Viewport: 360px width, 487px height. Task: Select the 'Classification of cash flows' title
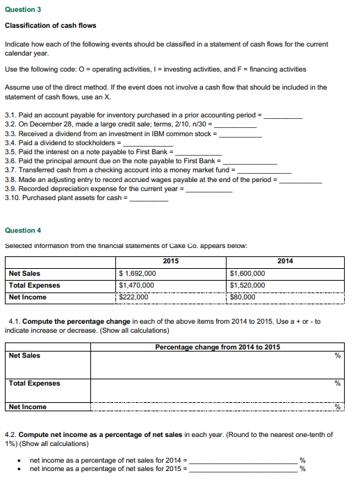pos(50,26)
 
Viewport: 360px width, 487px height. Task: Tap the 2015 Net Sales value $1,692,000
pos(138,274)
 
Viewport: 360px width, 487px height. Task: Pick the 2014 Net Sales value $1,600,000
pos(247,274)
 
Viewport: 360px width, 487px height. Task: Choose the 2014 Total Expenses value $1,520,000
pos(247,286)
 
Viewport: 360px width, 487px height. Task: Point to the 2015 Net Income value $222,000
pos(135,297)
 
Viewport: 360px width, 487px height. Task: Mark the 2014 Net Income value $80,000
pos(244,297)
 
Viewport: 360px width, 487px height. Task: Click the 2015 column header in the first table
pos(170,261)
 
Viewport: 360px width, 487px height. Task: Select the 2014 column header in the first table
pos(285,261)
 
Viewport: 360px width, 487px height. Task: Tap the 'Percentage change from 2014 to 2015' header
pos(218,347)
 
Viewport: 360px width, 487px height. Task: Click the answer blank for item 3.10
pos(149,199)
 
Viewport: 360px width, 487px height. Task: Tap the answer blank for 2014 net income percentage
pos(243,461)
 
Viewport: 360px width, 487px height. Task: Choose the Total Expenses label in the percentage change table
pos(34,383)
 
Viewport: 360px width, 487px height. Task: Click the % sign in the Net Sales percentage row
pos(338,356)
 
